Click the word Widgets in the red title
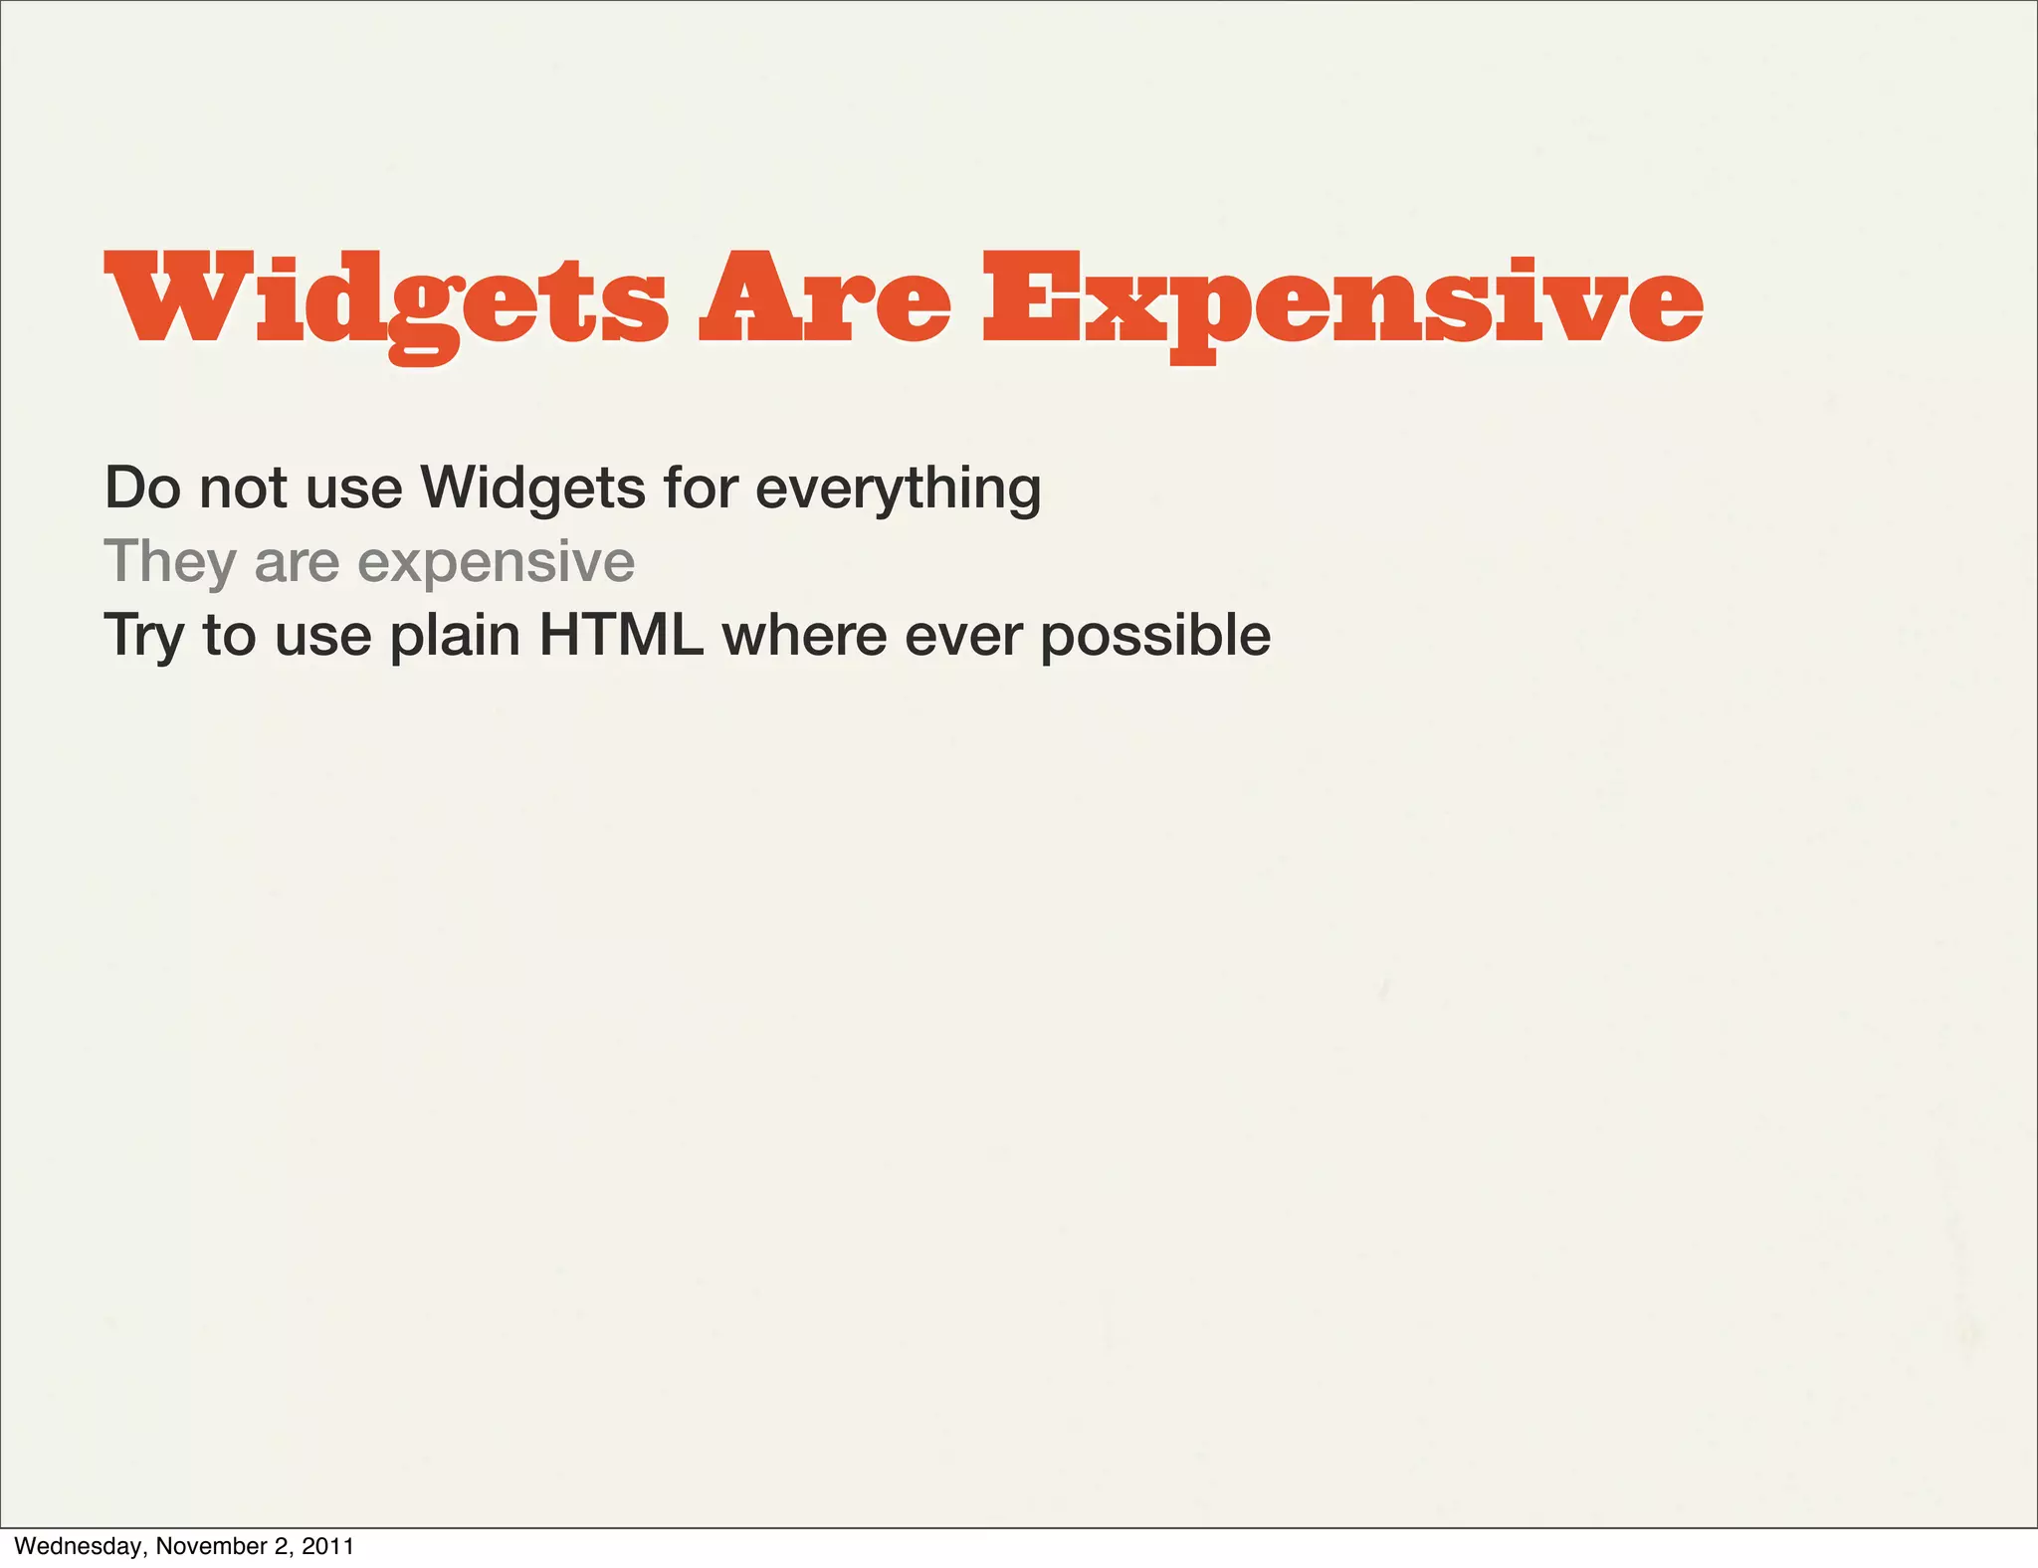(387, 298)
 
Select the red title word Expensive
(1342, 298)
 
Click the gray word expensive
(496, 564)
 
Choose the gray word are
(298, 564)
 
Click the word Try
(143, 637)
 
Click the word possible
(1155, 637)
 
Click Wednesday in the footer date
(79, 1546)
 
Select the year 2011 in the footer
(327, 1546)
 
